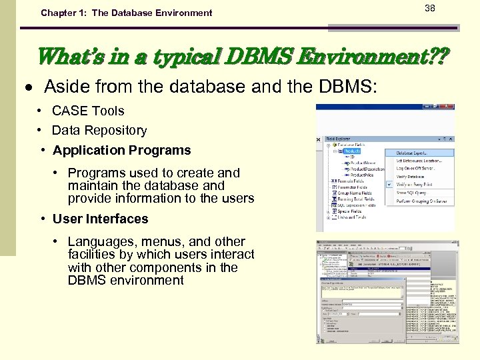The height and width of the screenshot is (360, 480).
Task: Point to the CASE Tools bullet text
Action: [88, 111]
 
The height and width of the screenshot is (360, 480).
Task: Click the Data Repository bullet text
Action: [99, 130]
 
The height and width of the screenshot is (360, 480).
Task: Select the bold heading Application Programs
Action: [122, 150]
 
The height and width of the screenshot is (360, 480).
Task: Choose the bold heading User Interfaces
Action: [101, 219]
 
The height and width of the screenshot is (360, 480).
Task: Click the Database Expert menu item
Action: [415, 153]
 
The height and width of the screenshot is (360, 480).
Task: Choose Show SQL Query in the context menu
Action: [412, 193]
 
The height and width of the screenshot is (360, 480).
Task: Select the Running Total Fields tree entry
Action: [356, 199]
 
